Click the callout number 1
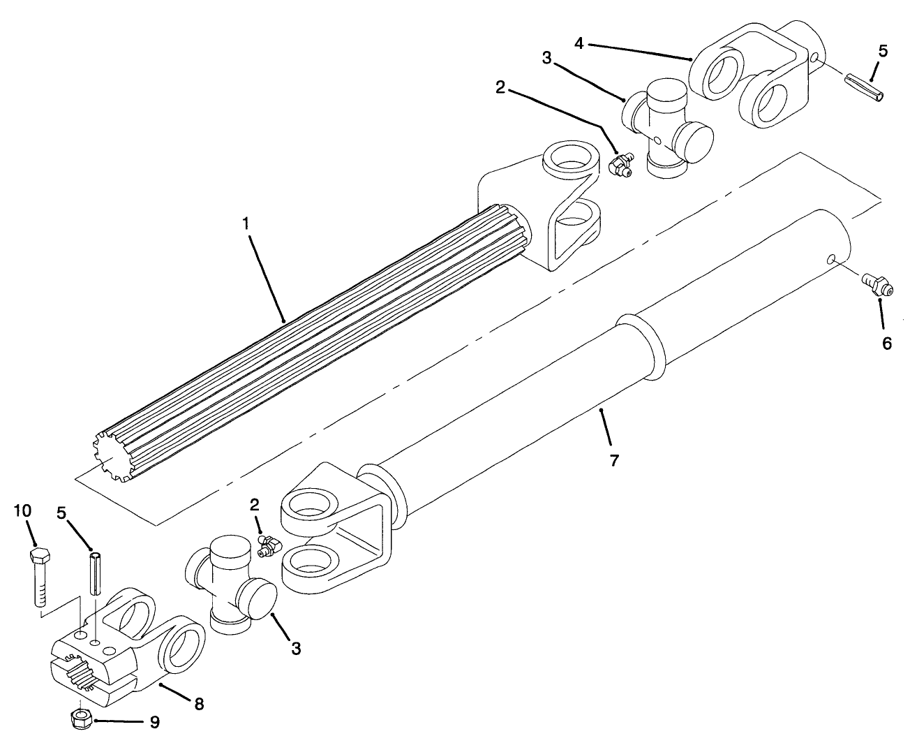click(x=246, y=225)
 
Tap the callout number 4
click(x=579, y=43)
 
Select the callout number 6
click(x=886, y=344)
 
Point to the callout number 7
click(x=614, y=461)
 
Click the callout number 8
click(x=199, y=704)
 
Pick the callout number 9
click(x=154, y=721)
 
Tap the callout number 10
click(x=23, y=510)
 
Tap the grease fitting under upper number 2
click(x=620, y=165)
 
